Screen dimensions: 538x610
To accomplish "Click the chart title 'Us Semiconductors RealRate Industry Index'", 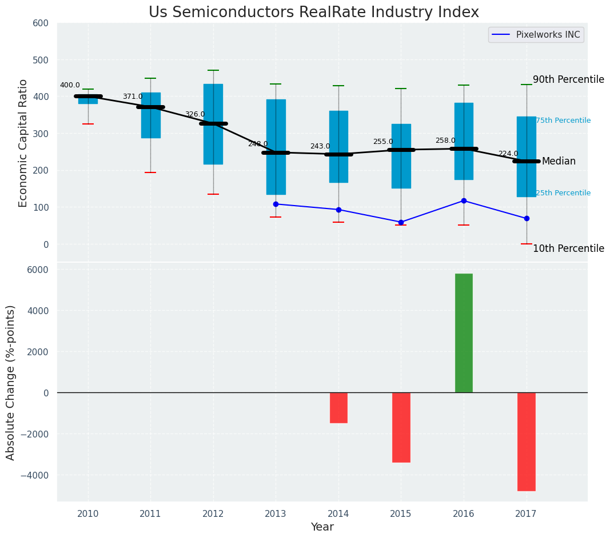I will (313, 13).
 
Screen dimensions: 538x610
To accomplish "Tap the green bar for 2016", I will (464, 333).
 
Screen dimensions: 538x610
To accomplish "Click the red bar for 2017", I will (526, 441).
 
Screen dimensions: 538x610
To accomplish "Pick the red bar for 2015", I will (401, 427).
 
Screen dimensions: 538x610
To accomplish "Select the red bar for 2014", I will (338, 407).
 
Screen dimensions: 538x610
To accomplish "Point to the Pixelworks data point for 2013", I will (276, 204).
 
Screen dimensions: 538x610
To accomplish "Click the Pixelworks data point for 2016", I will (464, 200).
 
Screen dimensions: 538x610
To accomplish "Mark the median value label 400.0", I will (70, 86).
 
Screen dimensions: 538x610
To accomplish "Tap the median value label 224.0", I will (508, 154).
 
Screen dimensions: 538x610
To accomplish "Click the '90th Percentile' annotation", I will (568, 79).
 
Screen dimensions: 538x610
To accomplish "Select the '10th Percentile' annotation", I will (568, 248).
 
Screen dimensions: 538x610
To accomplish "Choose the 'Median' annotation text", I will (559, 162).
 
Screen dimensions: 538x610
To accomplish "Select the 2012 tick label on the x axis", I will (213, 514).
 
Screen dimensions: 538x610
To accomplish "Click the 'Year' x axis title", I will (322, 527).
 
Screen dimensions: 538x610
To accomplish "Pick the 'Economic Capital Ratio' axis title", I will (23, 143).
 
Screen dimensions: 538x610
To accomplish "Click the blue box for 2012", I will (213, 124).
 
